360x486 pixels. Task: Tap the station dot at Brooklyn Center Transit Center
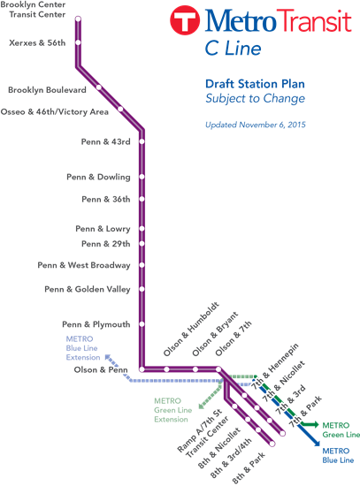coord(78,19)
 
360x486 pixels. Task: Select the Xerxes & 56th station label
coord(37,42)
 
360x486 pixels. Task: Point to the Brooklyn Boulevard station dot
coord(99,87)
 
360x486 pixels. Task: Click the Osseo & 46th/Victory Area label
coord(55,112)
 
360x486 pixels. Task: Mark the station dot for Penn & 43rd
coord(142,141)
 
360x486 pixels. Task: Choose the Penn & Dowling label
coord(98,178)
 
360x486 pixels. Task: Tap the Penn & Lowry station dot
coord(142,229)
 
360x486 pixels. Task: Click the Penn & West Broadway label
coord(84,265)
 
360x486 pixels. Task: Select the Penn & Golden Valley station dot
coord(142,289)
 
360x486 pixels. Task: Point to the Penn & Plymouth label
coord(96,324)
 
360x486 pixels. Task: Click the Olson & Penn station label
coord(102,369)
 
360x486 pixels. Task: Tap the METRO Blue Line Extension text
coord(84,347)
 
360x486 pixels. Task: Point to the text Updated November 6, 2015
coord(257,125)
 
